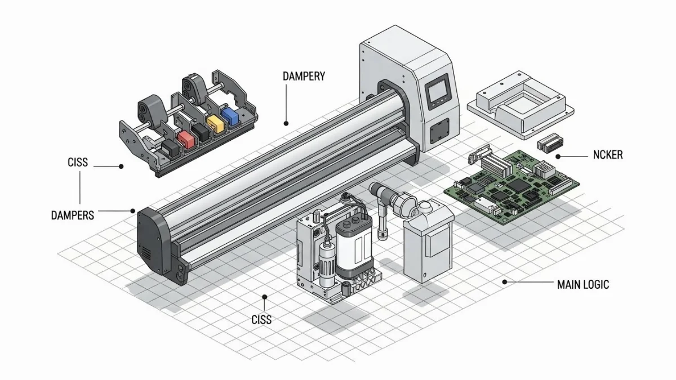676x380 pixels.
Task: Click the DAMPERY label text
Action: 304,76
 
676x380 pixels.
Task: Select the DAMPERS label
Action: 73,215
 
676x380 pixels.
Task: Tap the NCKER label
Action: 608,155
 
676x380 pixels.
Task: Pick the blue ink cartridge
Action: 230,115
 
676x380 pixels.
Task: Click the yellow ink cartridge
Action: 215,124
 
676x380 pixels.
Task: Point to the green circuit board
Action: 510,182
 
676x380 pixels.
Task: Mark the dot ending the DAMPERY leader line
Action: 286,123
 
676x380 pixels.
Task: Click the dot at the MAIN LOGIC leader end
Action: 505,281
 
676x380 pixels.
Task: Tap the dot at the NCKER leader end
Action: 558,157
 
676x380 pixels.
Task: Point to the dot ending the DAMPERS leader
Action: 134,211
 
